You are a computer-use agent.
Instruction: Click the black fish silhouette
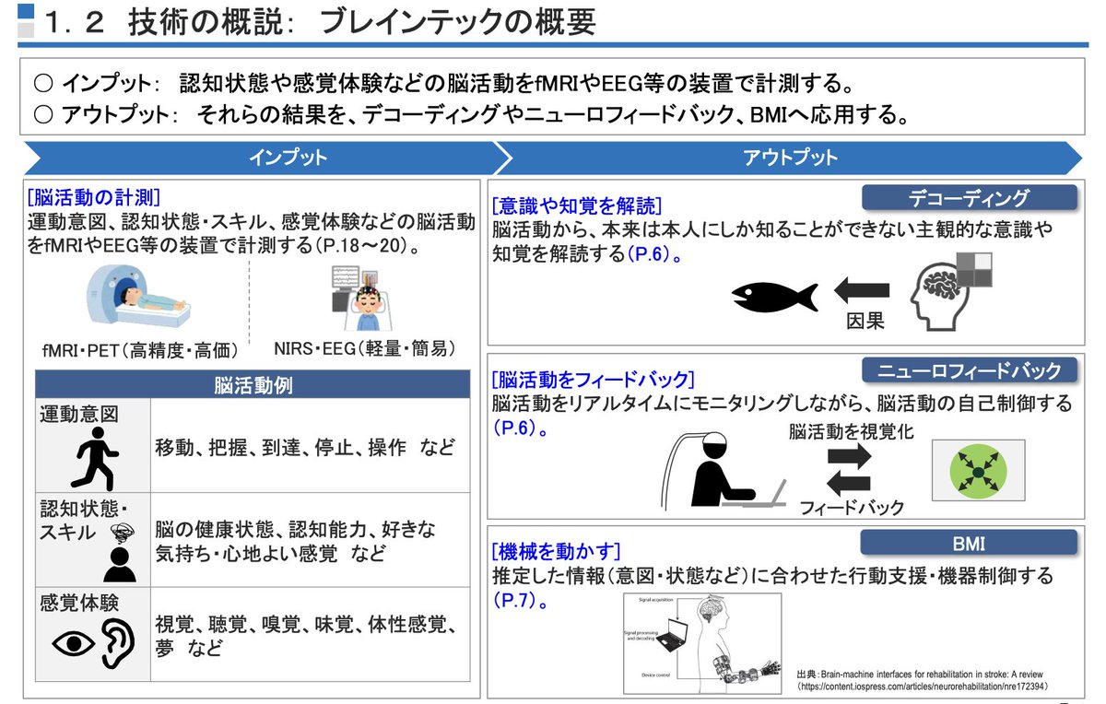point(774,296)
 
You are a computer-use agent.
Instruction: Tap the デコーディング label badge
point(969,198)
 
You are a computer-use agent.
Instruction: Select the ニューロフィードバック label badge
point(969,370)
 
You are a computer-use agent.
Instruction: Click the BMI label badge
point(969,543)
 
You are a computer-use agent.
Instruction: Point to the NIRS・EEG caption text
point(365,348)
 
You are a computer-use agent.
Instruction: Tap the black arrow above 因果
point(863,291)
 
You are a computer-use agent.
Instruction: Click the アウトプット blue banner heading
point(790,158)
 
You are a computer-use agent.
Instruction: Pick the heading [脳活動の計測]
point(94,197)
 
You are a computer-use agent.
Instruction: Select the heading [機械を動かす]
point(556,553)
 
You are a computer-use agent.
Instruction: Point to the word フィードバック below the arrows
point(852,507)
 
